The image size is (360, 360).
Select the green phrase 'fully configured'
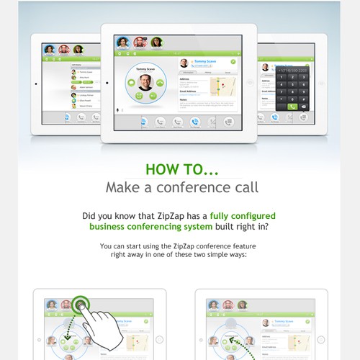(x=243, y=215)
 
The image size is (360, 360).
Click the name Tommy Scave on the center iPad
(x=206, y=61)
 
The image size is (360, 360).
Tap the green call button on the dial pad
(x=292, y=106)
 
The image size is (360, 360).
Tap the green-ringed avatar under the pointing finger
(x=80, y=305)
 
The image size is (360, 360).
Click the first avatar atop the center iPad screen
(x=123, y=42)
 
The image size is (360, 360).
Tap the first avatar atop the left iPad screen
(x=50, y=50)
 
